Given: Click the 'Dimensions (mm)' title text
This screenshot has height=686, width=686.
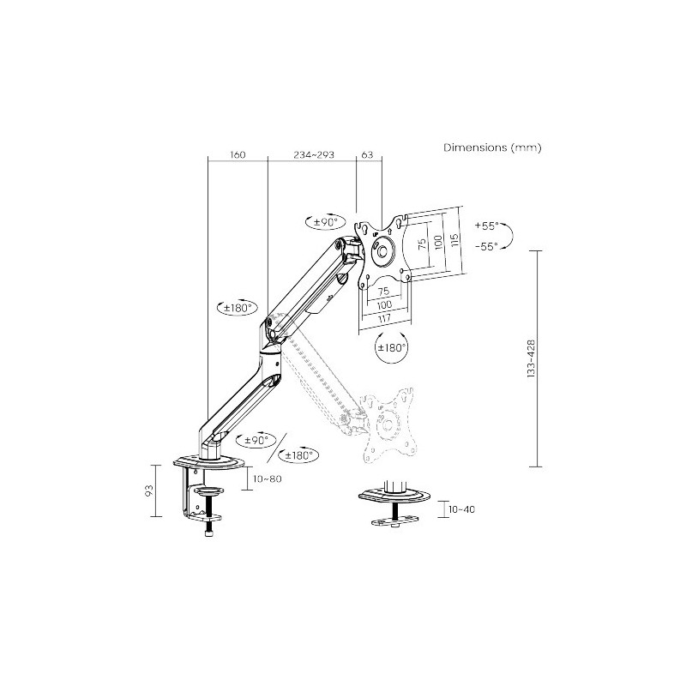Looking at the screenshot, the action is pos(492,147).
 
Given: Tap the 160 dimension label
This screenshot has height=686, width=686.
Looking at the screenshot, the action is pos(238,154).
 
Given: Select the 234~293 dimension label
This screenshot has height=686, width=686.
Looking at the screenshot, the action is pos(314,154).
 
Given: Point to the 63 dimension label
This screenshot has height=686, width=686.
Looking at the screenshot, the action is pos(368,154).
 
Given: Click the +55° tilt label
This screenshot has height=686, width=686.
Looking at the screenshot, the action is pos(486,226).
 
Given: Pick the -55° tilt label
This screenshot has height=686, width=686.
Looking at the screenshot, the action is pos(486,246).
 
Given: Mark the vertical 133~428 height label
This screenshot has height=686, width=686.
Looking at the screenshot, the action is pos(531,358).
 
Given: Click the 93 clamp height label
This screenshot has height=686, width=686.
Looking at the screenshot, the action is pos(149,490).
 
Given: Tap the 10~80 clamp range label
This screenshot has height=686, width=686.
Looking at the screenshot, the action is pos(268,478).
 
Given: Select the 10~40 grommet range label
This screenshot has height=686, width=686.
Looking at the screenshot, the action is pos(461,509).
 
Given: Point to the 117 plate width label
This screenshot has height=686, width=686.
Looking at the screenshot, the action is pos(384,318).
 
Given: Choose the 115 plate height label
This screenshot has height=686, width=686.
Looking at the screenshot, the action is pos(454,240).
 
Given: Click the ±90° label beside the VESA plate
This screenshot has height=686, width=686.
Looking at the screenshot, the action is pos(326,222).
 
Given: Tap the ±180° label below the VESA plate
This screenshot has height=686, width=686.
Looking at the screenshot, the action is pos(392,347).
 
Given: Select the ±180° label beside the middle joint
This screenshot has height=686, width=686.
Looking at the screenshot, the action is pos(238,308).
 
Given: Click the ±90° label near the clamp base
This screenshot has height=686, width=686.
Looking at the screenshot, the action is pos(256,440).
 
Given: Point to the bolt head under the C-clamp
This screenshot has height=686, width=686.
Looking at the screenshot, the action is pos(209,533).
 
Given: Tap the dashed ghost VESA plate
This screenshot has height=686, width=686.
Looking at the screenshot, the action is pos(388,424).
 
